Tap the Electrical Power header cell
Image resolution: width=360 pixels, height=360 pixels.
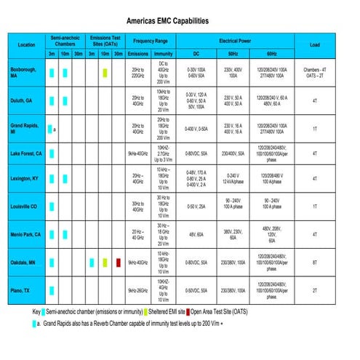coord(235,41)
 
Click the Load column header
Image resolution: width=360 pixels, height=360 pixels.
coord(314,45)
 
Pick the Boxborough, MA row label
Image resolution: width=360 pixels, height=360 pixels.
coord(23,72)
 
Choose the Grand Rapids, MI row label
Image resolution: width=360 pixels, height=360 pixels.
coord(25,129)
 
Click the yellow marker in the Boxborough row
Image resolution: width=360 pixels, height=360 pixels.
coord(105,72)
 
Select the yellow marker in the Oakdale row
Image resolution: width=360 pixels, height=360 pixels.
coord(105,262)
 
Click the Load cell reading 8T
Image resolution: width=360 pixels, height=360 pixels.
coord(314,262)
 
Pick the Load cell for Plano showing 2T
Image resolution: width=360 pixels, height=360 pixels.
coord(314,290)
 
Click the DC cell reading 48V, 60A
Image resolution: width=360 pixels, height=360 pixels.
coord(196,234)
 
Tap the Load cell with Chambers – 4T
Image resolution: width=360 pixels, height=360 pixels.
coord(314,69)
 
